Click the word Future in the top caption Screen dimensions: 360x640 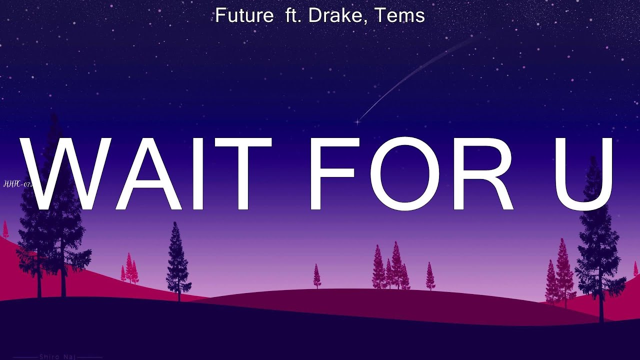(x=244, y=15)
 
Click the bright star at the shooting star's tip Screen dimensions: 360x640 (x=358, y=121)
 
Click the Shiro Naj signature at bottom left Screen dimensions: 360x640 (x=57, y=357)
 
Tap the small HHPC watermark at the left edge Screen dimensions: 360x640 (x=18, y=184)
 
